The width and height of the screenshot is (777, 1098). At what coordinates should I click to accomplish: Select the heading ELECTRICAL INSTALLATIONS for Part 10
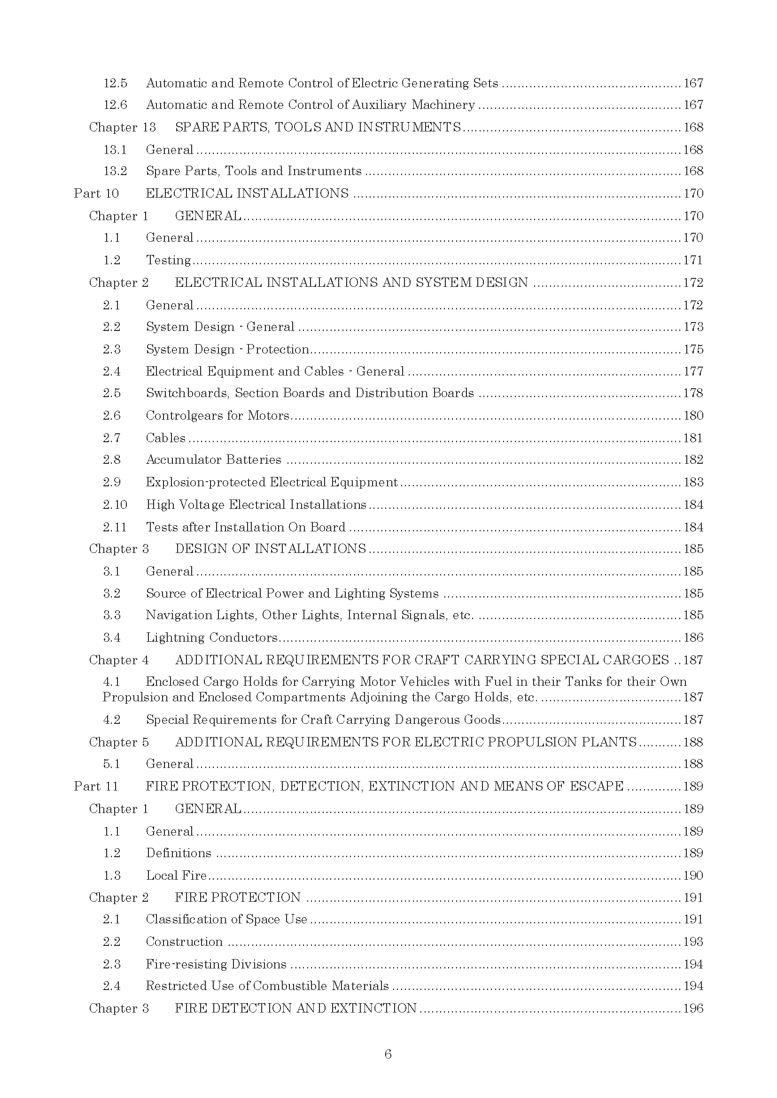[247, 193]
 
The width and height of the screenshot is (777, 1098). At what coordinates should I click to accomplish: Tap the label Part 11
[96, 786]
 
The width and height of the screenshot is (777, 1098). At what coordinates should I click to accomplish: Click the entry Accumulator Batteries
[213, 460]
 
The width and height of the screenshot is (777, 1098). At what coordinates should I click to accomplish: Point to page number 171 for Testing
[693, 260]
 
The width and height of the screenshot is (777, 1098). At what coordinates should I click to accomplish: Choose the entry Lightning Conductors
[211, 637]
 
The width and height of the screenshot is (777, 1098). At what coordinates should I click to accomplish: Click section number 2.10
[115, 505]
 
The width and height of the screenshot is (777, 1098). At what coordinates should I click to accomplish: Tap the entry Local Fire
[176, 875]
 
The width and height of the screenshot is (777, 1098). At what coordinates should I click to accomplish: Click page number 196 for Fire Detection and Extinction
[693, 1008]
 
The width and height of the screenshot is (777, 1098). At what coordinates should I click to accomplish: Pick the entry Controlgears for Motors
[218, 415]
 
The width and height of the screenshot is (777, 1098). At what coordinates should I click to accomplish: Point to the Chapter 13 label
[123, 127]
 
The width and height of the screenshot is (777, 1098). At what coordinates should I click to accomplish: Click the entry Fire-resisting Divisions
[216, 964]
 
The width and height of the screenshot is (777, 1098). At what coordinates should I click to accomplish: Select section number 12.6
[115, 105]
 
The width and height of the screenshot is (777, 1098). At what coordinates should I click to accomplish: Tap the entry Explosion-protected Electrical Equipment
[272, 482]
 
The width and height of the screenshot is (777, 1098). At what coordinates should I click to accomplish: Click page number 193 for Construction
[693, 942]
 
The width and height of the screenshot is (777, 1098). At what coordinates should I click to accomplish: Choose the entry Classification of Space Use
[226, 919]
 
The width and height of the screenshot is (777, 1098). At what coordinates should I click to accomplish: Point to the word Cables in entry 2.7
[165, 438]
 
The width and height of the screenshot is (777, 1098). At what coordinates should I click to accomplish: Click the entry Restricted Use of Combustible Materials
[267, 986]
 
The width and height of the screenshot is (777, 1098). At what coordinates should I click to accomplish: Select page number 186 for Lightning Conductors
[693, 637]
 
